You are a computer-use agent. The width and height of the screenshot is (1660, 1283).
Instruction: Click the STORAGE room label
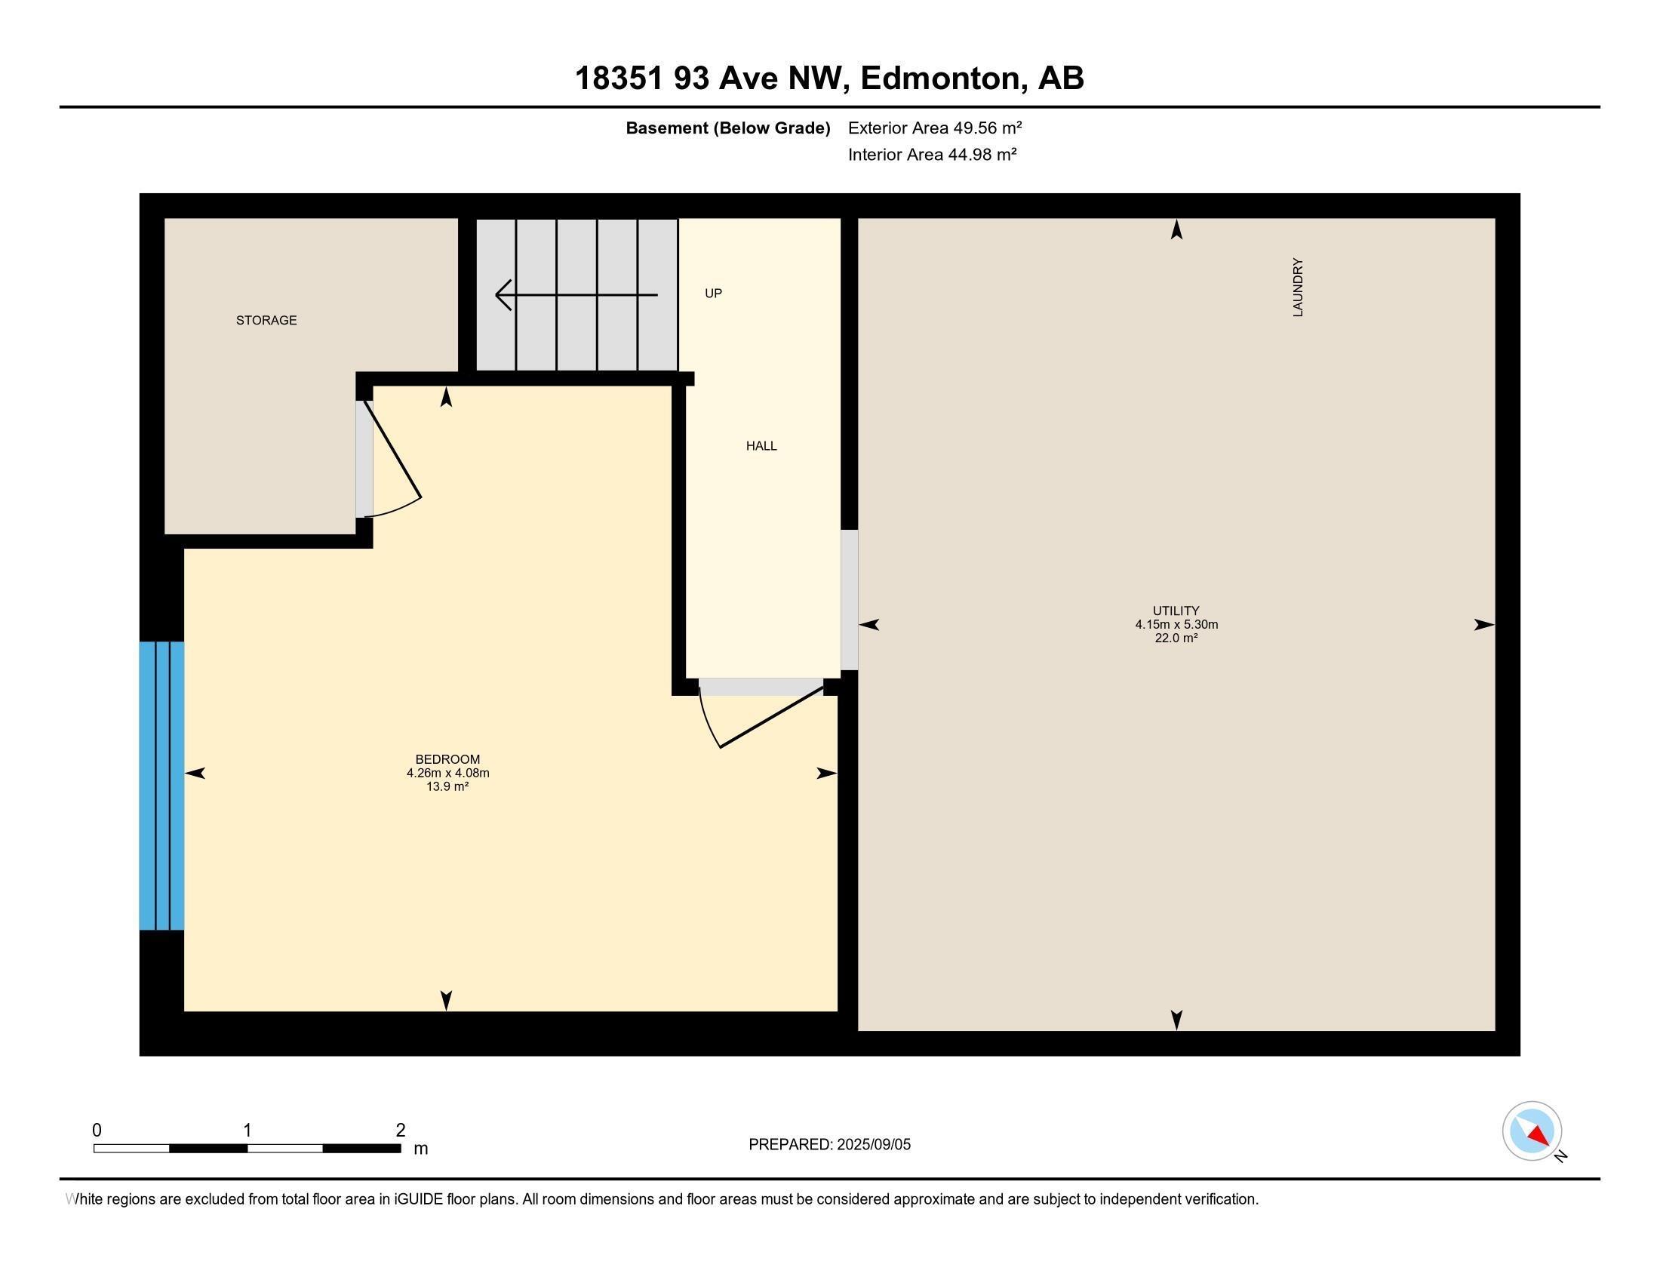coord(266,320)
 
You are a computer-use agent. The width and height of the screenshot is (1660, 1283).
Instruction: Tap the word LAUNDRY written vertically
coord(1298,288)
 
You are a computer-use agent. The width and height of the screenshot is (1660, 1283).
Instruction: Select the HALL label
coord(761,446)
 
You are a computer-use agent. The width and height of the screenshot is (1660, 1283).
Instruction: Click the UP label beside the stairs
coord(713,294)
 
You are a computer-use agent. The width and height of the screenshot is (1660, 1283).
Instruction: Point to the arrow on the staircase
coord(576,294)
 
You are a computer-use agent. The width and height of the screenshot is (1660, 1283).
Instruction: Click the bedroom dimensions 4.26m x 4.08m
coord(447,773)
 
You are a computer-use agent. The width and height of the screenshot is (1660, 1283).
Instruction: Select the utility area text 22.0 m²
coord(1176,638)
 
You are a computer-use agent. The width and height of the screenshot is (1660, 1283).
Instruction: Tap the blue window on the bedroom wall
coord(161,785)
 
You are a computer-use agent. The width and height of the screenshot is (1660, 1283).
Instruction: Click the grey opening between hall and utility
coord(849,600)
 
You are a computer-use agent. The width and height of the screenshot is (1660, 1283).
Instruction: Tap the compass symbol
coord(1532,1131)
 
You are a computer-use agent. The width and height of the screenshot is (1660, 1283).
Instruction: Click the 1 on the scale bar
coord(247,1131)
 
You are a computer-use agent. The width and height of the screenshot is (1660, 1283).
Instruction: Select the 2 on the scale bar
coord(401,1131)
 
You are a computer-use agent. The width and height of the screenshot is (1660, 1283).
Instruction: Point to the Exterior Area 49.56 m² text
coord(934,128)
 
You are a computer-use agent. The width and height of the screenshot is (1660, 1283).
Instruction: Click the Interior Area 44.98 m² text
coord(932,154)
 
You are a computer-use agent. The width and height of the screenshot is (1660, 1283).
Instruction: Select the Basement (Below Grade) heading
coord(727,128)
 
